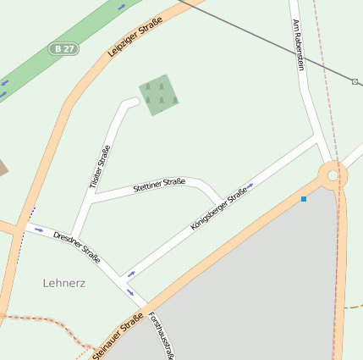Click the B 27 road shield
click(63, 49)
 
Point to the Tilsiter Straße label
click(100, 166)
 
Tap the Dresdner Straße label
click(77, 245)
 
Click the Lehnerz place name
click(64, 283)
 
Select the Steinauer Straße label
click(118, 337)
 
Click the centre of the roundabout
click(333, 175)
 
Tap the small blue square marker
click(304, 199)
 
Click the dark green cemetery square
click(159, 95)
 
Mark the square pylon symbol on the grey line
click(355, 82)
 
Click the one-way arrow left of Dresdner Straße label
click(39, 230)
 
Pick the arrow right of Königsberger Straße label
click(250, 185)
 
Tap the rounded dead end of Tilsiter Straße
click(131, 102)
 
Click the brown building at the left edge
click(3, 167)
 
